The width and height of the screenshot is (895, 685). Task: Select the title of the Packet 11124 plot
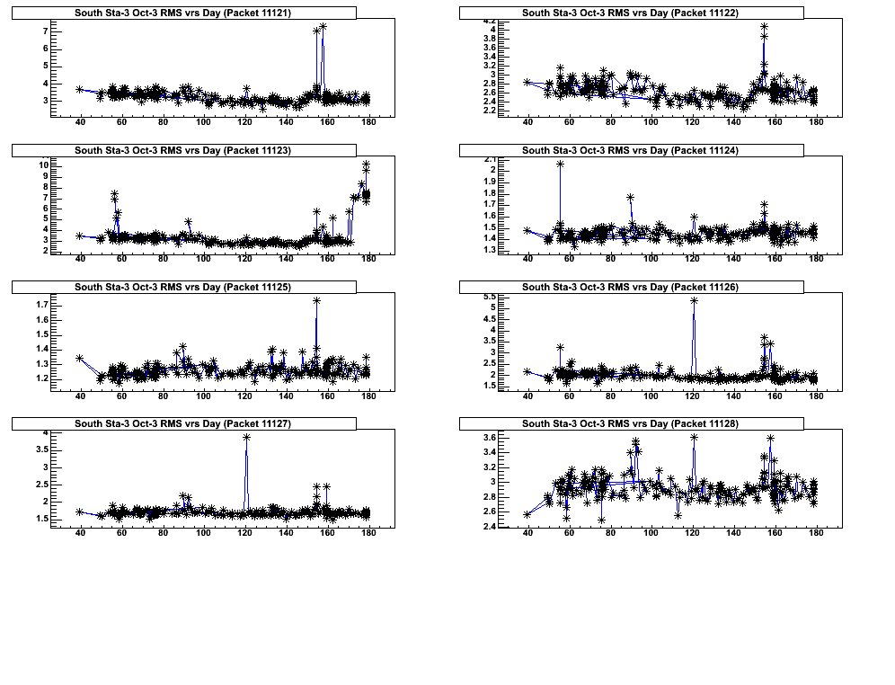(630, 150)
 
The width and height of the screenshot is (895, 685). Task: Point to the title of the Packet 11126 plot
(630, 288)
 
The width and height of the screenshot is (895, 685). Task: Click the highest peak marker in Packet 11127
(246, 437)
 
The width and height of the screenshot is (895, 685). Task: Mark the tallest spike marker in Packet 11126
(694, 300)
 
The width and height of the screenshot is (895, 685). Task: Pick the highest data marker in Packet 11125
(317, 301)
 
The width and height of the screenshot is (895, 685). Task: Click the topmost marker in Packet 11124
(560, 164)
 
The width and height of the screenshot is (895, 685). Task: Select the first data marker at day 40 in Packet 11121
(80, 89)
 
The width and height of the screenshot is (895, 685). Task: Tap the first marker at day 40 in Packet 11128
(527, 514)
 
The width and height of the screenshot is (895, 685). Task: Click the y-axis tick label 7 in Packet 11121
(44, 31)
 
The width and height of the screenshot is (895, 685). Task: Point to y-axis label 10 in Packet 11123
(42, 165)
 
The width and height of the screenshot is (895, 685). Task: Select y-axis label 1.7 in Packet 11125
(41, 306)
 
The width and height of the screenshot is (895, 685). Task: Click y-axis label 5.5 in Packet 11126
(490, 297)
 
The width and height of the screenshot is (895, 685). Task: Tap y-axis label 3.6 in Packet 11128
(490, 438)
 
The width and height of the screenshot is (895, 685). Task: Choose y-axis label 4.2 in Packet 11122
(490, 21)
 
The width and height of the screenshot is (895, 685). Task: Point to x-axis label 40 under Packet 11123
(80, 260)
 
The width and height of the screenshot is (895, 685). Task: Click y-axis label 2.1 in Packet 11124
(490, 159)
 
